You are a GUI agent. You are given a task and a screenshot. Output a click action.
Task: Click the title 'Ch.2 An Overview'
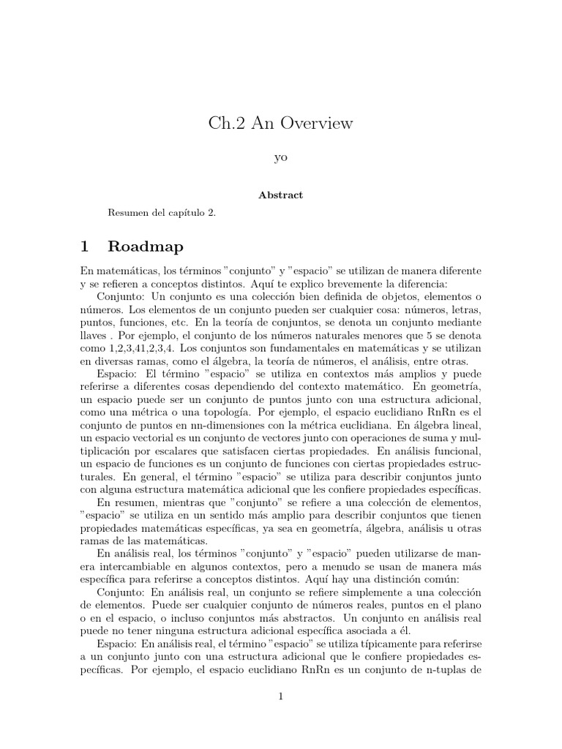click(280, 124)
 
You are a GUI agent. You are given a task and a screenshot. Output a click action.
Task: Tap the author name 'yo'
click(280, 159)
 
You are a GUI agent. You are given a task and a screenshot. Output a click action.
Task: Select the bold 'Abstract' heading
click(280, 195)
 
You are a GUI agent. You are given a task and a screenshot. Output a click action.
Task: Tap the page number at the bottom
click(280, 696)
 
